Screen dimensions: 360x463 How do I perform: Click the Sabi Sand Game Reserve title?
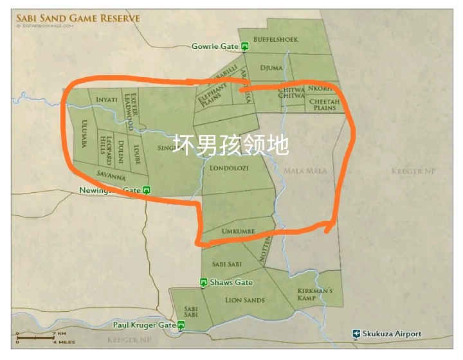point(78,18)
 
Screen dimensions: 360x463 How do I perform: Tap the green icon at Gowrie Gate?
point(245,46)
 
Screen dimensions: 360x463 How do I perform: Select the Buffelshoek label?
point(276,40)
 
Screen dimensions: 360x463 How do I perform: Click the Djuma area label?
point(271,67)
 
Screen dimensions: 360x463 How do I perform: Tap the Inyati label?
point(106,100)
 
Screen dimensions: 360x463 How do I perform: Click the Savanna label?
point(111,174)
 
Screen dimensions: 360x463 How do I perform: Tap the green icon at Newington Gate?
point(147,190)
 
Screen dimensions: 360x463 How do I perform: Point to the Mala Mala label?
point(305,171)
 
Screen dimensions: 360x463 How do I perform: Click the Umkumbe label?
point(238,231)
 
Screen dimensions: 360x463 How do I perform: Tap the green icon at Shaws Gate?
point(203,282)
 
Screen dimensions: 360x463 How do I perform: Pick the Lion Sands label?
point(245,300)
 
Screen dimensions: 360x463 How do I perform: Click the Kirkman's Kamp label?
point(315,294)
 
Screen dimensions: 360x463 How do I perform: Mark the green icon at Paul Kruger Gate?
point(181,325)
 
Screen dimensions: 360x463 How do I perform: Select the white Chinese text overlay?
point(231,145)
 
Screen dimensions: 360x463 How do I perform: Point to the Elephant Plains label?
point(212,94)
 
